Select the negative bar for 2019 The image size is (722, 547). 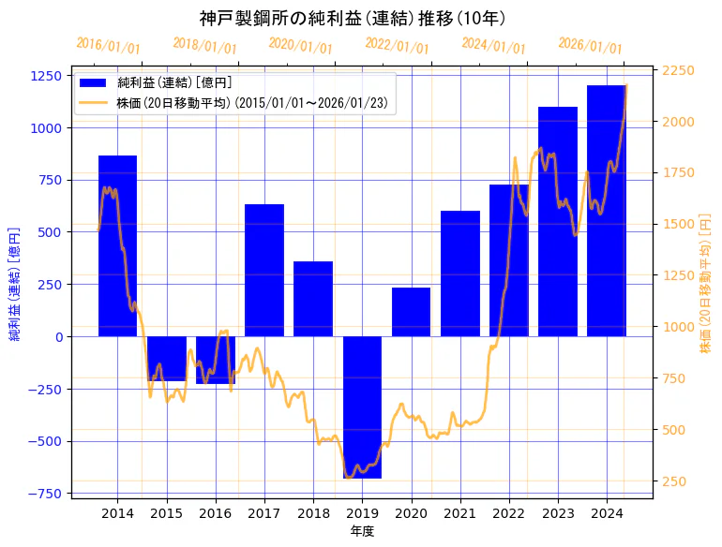pyautogui.click(x=362, y=407)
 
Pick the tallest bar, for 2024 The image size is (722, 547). pyautogui.click(x=607, y=211)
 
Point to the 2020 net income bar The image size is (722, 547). pyautogui.click(x=411, y=312)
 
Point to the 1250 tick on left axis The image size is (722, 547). pyautogui.click(x=47, y=76)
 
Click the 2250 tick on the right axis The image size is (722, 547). pyautogui.click(x=678, y=70)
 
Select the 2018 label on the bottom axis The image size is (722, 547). pyautogui.click(x=313, y=513)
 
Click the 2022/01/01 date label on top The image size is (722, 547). pyautogui.click(x=397, y=46)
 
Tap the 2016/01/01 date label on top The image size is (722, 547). pyautogui.click(x=108, y=46)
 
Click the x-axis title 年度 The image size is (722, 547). pyautogui.click(x=362, y=531)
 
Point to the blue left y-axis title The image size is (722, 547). pyautogui.click(x=15, y=283)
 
